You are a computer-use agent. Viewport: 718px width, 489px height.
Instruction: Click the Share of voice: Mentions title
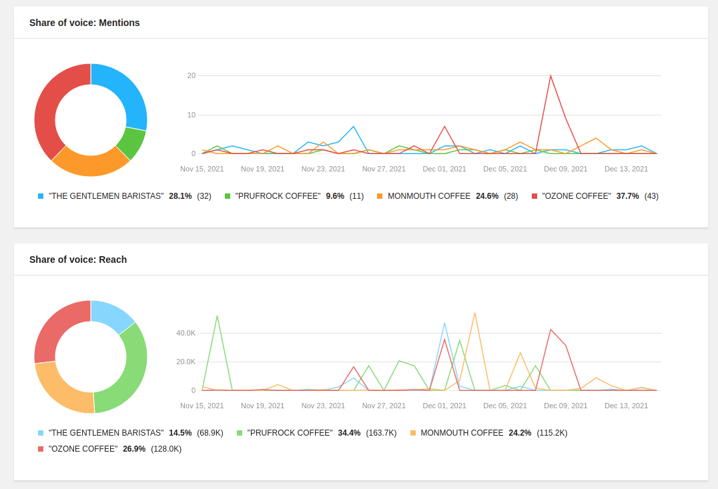[84, 23]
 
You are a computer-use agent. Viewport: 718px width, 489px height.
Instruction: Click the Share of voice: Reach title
[77, 260]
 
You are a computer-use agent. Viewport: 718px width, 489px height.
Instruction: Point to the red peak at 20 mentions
[551, 75]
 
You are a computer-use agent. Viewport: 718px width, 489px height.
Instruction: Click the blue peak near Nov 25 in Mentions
[353, 126]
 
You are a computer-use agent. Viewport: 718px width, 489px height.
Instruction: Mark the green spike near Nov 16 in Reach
[217, 316]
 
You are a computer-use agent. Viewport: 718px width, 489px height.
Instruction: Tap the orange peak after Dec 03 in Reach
[474, 313]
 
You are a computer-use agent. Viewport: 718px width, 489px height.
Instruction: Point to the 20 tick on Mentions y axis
[192, 75]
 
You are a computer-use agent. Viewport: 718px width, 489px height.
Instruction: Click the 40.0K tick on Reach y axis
[186, 333]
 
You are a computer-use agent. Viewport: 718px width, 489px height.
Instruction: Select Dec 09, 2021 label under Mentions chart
[565, 169]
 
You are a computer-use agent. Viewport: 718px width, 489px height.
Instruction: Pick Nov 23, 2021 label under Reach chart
[323, 406]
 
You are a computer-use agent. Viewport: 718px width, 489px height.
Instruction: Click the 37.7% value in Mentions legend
[627, 196]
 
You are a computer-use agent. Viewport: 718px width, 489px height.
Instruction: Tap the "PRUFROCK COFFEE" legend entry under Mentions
[278, 196]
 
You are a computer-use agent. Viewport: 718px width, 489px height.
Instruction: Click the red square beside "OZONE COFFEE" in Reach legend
[41, 449]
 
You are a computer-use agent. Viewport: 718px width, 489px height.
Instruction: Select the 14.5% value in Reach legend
[180, 433]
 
